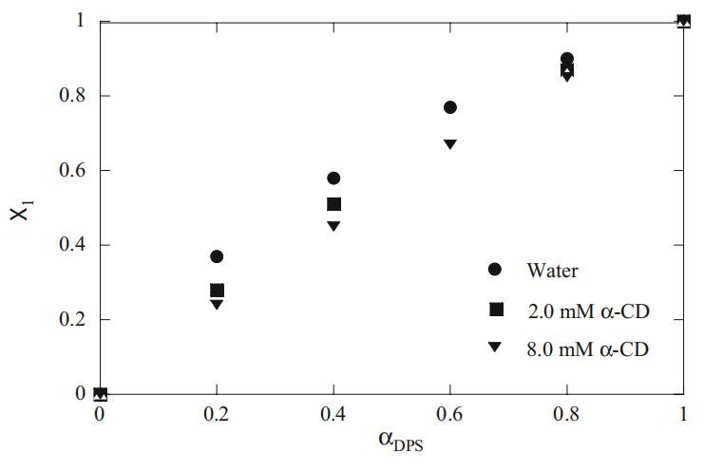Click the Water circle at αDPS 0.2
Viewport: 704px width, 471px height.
[x=217, y=256]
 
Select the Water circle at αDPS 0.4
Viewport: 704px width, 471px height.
[x=333, y=178]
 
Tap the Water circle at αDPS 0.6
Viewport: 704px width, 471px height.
[x=450, y=107]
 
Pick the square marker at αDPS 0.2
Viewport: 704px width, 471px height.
[x=217, y=291]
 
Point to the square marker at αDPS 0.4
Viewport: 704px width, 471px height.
[x=333, y=204]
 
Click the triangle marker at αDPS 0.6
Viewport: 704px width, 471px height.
[x=450, y=144]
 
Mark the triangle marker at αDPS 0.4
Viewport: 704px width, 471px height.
[x=333, y=226]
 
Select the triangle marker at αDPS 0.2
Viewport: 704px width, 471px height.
[x=217, y=305]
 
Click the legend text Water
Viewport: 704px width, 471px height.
[x=552, y=270]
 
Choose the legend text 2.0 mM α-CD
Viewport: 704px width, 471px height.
[x=587, y=309]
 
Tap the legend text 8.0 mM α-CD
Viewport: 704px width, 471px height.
[x=587, y=348]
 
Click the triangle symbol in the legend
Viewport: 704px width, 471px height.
[x=495, y=348]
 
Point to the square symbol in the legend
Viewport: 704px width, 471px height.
[x=495, y=309]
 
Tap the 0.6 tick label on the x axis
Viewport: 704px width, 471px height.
[x=450, y=415]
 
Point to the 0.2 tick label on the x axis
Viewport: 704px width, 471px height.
[x=217, y=415]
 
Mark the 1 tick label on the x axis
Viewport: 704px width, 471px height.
[x=682, y=415]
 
